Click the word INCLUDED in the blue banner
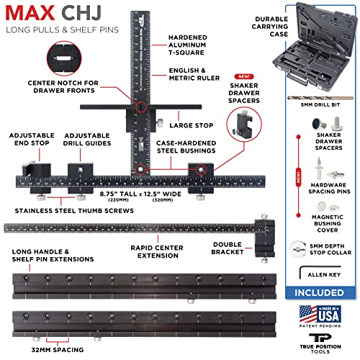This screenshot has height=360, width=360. click(x=318, y=294)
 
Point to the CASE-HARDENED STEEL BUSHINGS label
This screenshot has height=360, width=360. click(x=188, y=148)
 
